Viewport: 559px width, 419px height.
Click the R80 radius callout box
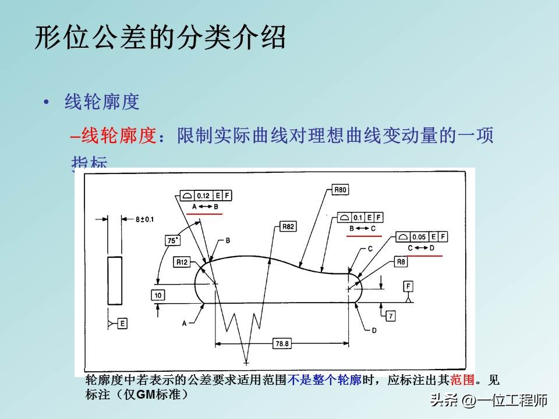click(x=341, y=190)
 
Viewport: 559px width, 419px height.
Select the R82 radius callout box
click(x=288, y=226)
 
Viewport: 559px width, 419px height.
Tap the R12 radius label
click(x=182, y=262)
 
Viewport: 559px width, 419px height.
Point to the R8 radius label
click(x=401, y=262)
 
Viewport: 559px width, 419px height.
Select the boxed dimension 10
click(x=158, y=296)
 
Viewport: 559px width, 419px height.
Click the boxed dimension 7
click(x=390, y=315)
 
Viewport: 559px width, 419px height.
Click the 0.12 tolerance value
click(x=203, y=196)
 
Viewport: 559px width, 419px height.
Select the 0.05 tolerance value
click(x=419, y=237)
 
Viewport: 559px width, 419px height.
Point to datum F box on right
click(x=409, y=286)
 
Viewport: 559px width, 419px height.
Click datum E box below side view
click(x=122, y=322)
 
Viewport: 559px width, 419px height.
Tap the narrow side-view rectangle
click(x=115, y=280)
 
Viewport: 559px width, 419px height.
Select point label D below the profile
click(x=374, y=330)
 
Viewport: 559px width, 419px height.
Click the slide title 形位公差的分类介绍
click(x=161, y=38)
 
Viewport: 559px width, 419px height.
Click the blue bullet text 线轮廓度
click(x=102, y=102)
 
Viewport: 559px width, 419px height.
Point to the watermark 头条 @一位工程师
click(x=489, y=400)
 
